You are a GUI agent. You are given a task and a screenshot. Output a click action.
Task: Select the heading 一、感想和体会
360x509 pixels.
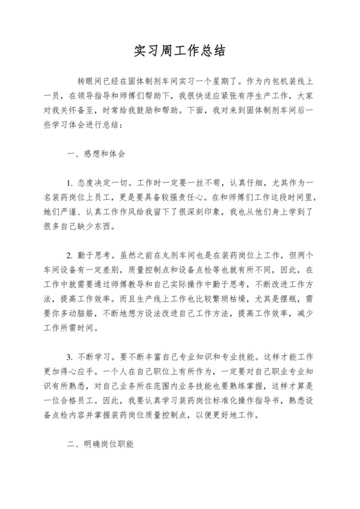(96, 155)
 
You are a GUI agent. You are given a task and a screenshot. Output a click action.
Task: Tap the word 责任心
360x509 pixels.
(199, 199)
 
